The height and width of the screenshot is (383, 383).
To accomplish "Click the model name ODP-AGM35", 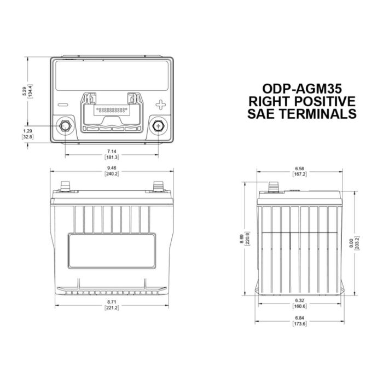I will click(x=303, y=89).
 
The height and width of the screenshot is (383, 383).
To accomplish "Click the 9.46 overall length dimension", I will click(x=112, y=167).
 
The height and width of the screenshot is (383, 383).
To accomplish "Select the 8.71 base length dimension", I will click(x=112, y=303).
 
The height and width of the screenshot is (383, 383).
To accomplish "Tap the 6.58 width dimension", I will click(x=300, y=167).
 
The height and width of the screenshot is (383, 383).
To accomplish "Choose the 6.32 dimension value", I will click(x=300, y=300).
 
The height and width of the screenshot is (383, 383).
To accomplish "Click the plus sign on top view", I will click(x=160, y=104).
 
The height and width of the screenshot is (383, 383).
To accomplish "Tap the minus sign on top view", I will click(x=62, y=104).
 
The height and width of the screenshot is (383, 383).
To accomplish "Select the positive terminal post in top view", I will click(x=159, y=125).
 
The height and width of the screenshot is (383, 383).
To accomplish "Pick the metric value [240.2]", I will click(x=112, y=174).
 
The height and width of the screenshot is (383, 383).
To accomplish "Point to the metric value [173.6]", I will click(x=300, y=324).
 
